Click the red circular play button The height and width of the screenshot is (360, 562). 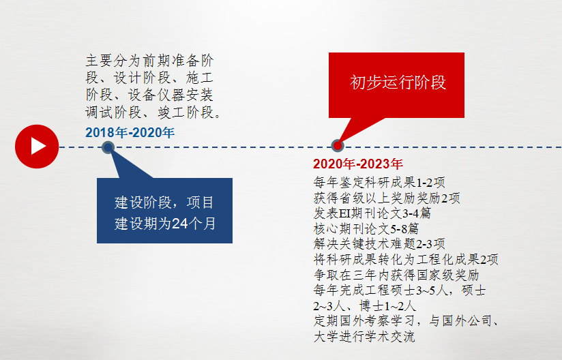click(37, 146)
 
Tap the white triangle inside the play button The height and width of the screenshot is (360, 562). click(38, 146)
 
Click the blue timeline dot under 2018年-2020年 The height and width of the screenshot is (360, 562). click(108, 147)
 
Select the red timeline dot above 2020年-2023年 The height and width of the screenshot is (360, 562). click(337, 145)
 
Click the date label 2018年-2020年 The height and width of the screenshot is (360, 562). click(130, 132)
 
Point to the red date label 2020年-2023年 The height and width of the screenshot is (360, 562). click(358, 164)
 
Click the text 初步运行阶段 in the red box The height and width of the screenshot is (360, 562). click(398, 82)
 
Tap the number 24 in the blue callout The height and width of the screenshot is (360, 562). click(179, 223)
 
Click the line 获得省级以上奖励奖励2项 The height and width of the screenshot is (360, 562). click(387, 198)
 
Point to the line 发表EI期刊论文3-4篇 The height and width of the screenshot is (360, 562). click(372, 213)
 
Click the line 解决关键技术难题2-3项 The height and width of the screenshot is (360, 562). click(379, 244)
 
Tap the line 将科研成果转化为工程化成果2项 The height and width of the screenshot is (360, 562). click(406, 260)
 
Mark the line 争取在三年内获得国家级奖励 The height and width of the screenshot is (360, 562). click(396, 275)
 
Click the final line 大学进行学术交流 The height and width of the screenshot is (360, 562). click(364, 336)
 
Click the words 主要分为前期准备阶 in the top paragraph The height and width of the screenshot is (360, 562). click(149, 60)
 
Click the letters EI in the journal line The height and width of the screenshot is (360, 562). click(344, 213)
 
